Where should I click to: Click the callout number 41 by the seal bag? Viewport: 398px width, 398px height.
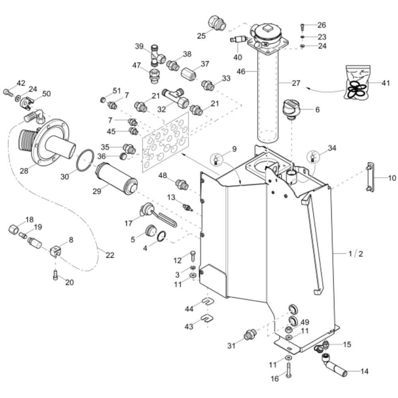tap(386, 83)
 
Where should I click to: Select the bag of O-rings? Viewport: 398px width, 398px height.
tap(357, 82)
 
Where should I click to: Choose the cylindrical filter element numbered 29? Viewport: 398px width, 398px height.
tap(117, 178)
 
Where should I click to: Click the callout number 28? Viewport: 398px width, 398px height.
tap(24, 171)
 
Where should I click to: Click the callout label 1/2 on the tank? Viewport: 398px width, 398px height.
tap(355, 254)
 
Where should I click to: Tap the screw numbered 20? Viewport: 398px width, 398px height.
tap(55, 275)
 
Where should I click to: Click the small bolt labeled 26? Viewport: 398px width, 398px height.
tap(302, 27)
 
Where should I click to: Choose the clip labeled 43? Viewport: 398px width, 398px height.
tap(205, 318)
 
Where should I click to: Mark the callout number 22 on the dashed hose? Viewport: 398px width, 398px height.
tap(109, 255)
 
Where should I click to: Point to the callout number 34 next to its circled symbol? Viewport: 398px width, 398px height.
tap(332, 148)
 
